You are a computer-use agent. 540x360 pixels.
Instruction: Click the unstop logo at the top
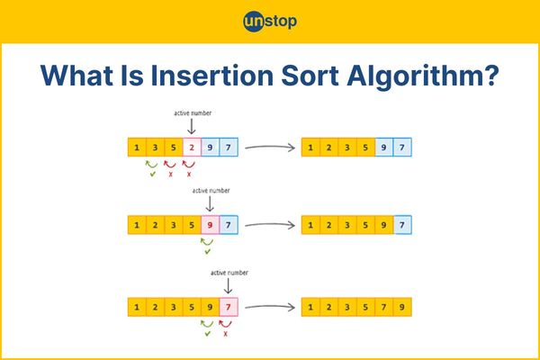click(x=270, y=22)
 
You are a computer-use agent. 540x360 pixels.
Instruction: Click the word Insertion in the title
click(x=212, y=76)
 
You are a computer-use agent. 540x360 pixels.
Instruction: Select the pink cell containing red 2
click(x=192, y=147)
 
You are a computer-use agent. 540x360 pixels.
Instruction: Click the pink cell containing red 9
click(x=210, y=225)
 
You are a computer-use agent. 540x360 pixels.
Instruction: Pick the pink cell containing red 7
click(x=229, y=307)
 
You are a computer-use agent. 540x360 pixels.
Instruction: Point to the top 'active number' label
click(x=193, y=113)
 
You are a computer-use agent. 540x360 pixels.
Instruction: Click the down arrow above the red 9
click(x=210, y=204)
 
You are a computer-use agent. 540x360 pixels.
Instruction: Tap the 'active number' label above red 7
click(x=229, y=273)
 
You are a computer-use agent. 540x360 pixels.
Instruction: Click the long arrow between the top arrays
click(x=270, y=148)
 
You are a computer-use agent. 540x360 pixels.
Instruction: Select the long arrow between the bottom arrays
click(x=270, y=307)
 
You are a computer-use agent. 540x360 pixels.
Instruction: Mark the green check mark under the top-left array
click(x=153, y=175)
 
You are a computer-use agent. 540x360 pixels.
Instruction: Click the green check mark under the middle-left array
click(x=207, y=252)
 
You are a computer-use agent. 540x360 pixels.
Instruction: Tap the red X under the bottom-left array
click(x=226, y=334)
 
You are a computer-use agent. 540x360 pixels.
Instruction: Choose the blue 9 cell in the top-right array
click(x=383, y=147)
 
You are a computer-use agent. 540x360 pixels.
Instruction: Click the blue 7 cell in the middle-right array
click(x=402, y=225)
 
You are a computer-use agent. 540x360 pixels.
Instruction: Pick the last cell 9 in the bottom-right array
click(x=402, y=307)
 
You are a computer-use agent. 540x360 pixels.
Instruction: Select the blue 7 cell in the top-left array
click(x=229, y=147)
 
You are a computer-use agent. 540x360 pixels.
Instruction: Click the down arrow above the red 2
click(x=192, y=126)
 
